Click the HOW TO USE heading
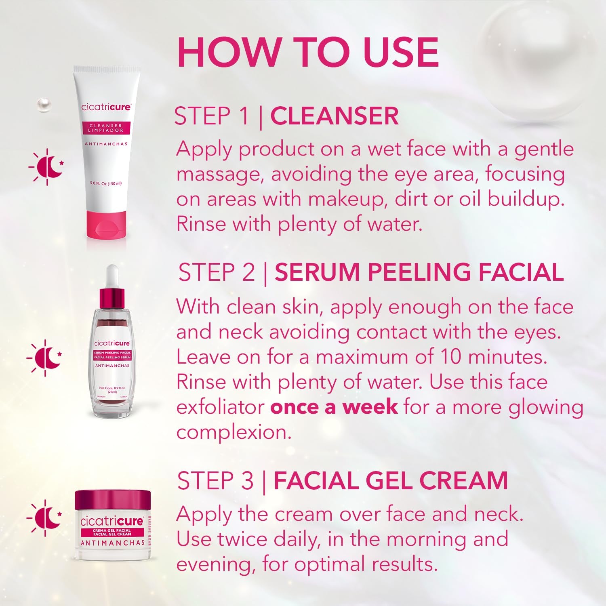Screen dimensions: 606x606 [308, 53]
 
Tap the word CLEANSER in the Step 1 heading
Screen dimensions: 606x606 [335, 116]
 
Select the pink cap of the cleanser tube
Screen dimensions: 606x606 [106, 225]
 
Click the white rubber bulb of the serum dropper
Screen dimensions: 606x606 [112, 275]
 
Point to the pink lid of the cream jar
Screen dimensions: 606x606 [113, 500]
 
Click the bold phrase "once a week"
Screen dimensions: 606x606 [334, 407]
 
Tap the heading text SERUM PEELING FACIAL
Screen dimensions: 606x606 [419, 272]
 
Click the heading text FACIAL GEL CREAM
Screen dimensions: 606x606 [390, 481]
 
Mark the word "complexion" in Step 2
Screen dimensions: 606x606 [234, 432]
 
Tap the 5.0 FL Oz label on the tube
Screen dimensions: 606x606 [105, 183]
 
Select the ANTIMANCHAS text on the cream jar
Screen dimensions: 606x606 [112, 543]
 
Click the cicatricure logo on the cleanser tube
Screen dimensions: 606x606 [106, 107]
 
